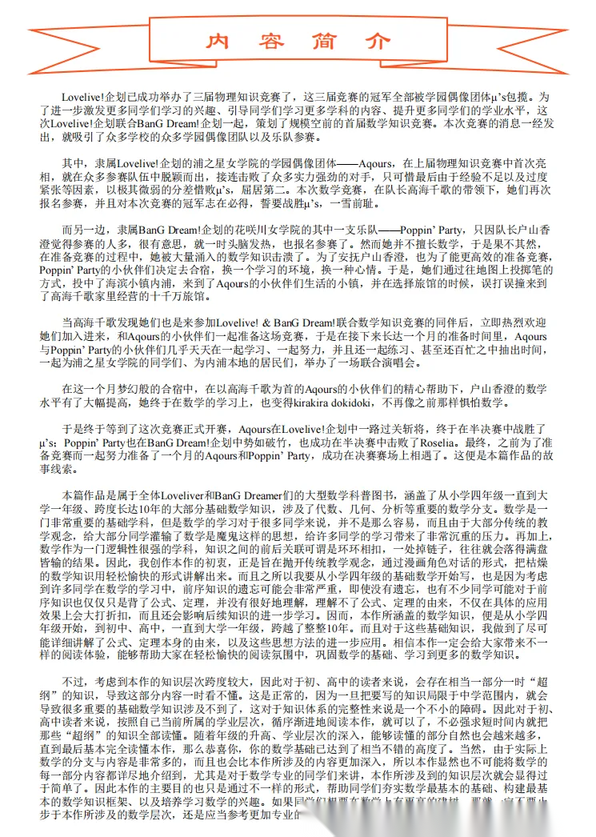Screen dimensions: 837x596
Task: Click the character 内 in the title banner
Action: click(x=216, y=41)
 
